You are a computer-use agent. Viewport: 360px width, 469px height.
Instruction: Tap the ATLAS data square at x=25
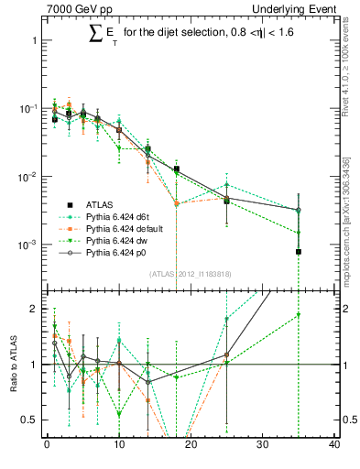tap(226, 201)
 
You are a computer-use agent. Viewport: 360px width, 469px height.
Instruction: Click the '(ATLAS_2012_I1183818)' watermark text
tap(190, 274)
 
